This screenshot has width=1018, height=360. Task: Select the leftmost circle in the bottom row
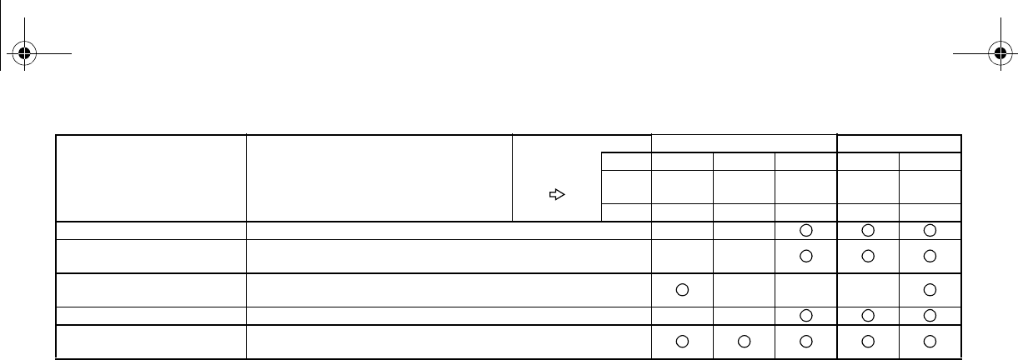tap(682, 341)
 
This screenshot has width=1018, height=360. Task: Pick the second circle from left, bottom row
tap(744, 341)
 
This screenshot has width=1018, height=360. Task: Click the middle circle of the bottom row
tap(806, 341)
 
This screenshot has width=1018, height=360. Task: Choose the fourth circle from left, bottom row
tap(868, 341)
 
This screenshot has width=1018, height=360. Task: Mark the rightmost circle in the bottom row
tap(930, 341)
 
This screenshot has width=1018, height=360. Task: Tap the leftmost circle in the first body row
tap(806, 230)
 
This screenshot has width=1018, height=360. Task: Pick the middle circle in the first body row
tap(868, 230)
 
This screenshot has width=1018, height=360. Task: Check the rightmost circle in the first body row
tap(930, 230)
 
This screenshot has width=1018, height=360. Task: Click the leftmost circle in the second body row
tap(806, 255)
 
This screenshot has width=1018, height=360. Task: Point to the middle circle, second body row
tap(868, 255)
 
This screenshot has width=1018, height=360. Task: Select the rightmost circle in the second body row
tap(930, 255)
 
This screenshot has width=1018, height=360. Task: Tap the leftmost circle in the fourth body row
tap(806, 316)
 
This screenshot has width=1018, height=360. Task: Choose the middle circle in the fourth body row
tap(868, 316)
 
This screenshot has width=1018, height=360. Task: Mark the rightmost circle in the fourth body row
tap(930, 316)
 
